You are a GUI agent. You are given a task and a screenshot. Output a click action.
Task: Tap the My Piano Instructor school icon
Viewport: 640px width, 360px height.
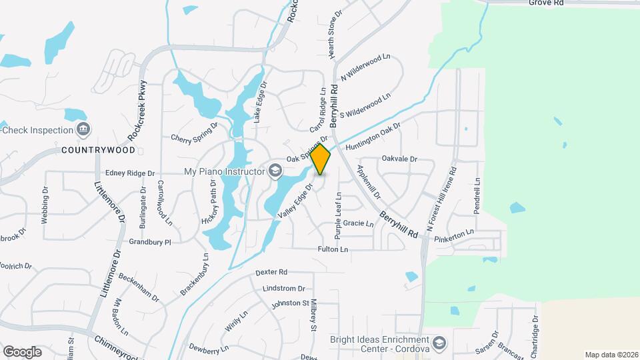coord(274,171)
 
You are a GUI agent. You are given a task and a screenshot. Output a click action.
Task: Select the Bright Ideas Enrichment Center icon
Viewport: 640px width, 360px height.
coord(440,343)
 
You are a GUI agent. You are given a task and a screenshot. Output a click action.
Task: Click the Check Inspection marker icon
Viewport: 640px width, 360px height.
coord(82,129)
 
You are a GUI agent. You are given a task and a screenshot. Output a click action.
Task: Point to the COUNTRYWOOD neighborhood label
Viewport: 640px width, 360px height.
coord(93,150)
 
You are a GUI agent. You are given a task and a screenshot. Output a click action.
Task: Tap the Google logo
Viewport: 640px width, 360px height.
coord(22,351)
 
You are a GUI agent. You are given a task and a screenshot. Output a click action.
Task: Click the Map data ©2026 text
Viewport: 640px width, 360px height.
coord(611,355)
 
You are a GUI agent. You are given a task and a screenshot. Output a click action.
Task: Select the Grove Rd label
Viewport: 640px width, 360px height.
coord(547,3)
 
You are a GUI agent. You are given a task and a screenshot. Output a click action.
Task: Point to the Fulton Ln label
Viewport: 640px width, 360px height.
coord(333,249)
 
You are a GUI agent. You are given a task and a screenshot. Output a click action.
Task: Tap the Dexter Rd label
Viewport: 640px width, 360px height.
coord(271,272)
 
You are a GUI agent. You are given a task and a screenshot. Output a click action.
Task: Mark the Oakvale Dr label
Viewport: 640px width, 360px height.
coord(399,159)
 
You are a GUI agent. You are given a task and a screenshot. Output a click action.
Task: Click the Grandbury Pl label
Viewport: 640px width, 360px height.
coord(150,242)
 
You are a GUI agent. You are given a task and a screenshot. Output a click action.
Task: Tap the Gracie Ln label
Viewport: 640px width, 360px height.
coord(359,223)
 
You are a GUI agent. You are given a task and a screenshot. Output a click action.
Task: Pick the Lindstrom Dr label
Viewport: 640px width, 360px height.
coord(283,288)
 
